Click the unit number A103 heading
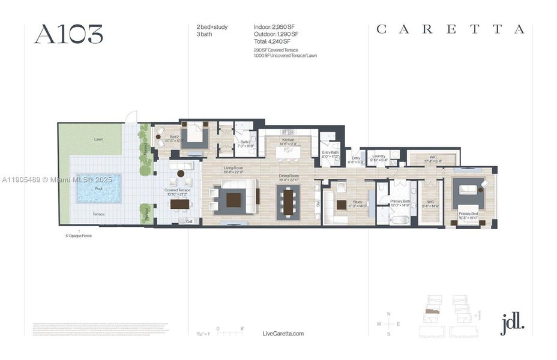click(68, 34)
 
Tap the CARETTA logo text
click(450, 29)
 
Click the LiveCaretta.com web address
click(283, 334)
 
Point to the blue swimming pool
click(99, 188)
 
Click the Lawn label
click(98, 139)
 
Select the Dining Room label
click(290, 176)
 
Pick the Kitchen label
click(289, 140)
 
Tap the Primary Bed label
click(468, 214)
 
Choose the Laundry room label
click(378, 156)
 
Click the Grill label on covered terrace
click(189, 221)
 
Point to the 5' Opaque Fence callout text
click(79, 236)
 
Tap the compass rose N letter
click(389, 314)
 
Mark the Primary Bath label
click(399, 202)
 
